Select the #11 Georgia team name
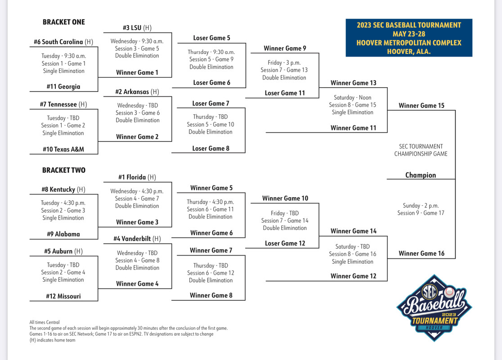coord(63,86)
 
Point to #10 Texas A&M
coord(63,149)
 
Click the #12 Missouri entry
coord(63,296)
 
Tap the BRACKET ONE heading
coord(63,22)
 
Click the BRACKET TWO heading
coord(63,170)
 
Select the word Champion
coord(421,175)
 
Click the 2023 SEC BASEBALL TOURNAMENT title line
coord(409,25)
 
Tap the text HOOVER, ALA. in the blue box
coord(409,51)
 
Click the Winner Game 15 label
coord(421,105)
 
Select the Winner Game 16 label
coord(421,253)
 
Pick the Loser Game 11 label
coord(285,93)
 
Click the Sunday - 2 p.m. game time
coord(421,205)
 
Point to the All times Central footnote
coord(45,322)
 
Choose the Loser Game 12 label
coord(285,243)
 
